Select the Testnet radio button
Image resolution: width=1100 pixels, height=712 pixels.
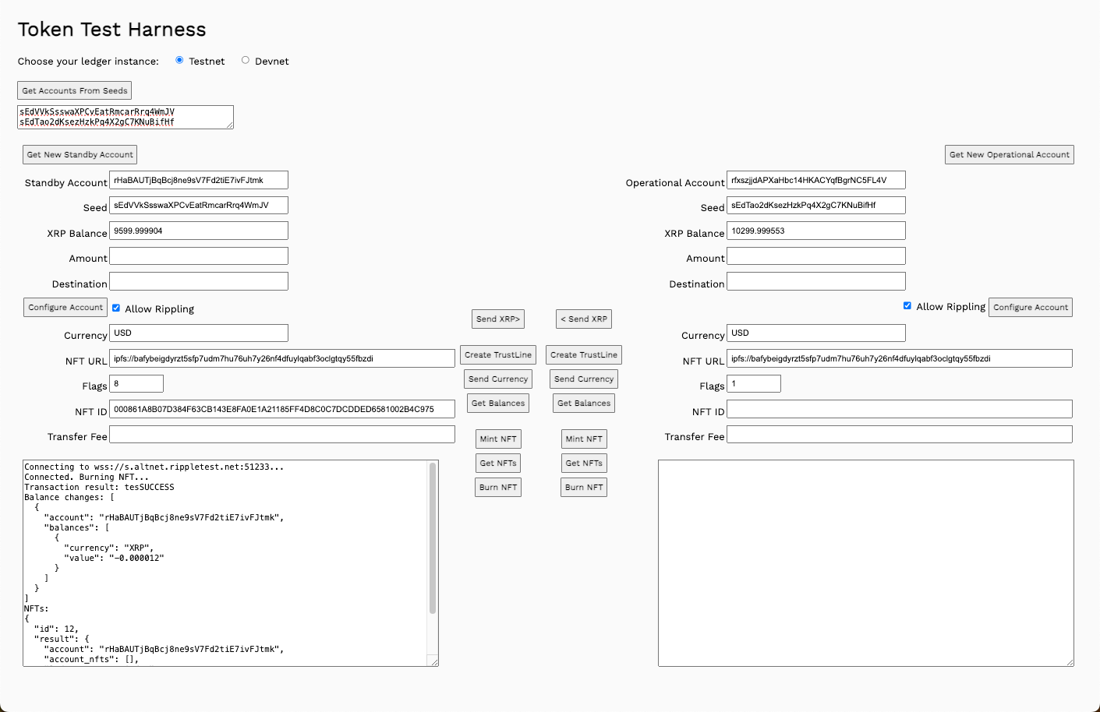179,60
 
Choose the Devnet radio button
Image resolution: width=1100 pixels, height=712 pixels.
246,60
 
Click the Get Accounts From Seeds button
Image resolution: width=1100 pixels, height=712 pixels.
75,90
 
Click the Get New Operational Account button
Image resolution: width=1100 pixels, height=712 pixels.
1009,154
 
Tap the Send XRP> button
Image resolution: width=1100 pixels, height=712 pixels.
498,319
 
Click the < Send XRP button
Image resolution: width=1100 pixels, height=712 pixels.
584,319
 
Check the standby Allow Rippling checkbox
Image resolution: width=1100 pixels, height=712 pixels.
116,308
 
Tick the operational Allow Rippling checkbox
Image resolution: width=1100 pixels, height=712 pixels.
907,305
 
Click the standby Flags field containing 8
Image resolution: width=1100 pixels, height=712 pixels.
136,383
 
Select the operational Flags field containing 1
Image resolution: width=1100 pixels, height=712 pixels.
754,383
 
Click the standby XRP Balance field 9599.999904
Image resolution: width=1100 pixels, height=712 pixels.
199,231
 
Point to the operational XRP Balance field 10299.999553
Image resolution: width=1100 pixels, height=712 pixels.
816,231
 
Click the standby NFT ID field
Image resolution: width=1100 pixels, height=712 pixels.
282,409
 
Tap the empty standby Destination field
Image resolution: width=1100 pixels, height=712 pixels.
199,281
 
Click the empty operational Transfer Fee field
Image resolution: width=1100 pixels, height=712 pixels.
900,434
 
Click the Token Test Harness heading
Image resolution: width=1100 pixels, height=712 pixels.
112,30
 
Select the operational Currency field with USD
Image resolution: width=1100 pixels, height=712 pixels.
816,333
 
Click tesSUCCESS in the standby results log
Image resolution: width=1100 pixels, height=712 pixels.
149,487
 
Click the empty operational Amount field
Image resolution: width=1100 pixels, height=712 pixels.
816,256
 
